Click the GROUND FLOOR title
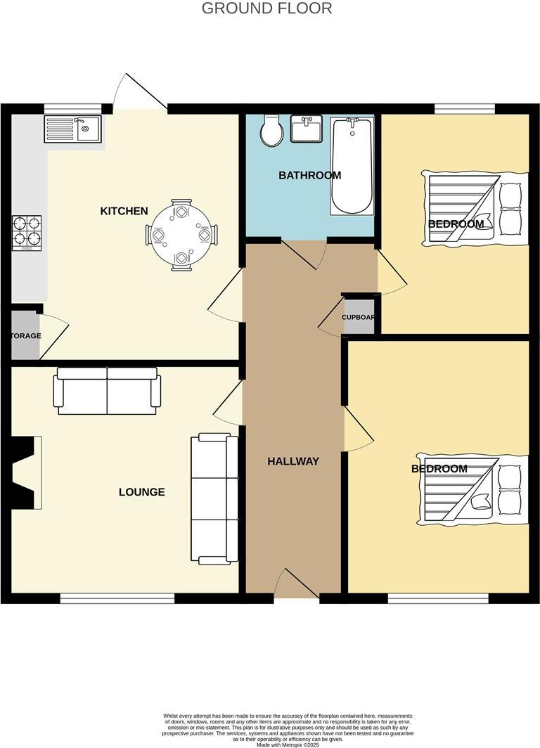click(266, 8)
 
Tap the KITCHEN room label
click(124, 211)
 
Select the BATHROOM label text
click(309, 176)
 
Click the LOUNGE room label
click(141, 492)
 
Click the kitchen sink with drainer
click(73, 129)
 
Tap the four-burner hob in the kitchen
click(27, 233)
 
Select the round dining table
click(181, 234)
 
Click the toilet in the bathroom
click(270, 131)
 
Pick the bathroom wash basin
click(306, 129)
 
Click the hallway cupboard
click(358, 317)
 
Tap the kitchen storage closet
click(26, 336)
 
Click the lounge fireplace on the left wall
click(24, 472)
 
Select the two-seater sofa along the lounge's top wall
click(108, 391)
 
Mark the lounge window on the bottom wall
click(117, 598)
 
